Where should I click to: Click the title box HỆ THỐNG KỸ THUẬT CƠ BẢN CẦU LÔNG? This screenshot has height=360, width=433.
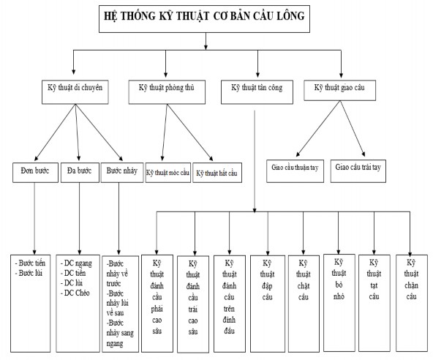pyautogui.click(x=206, y=18)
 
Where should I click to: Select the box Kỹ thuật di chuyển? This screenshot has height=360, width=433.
pyautogui.click(x=76, y=90)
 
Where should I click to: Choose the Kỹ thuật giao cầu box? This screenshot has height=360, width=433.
pyautogui.click(x=341, y=89)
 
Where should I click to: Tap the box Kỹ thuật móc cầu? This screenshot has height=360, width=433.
pyautogui.click(x=167, y=173)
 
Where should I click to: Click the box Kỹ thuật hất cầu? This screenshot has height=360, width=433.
pyautogui.click(x=217, y=173)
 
